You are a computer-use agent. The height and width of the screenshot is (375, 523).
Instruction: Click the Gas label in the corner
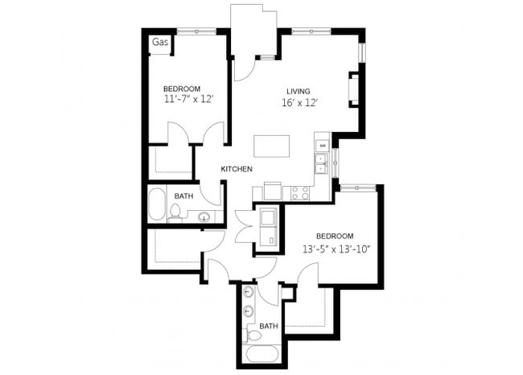(x=159, y=42)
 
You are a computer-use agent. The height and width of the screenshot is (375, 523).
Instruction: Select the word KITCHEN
(x=237, y=169)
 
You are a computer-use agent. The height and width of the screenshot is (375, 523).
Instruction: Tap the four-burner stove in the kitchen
(x=300, y=193)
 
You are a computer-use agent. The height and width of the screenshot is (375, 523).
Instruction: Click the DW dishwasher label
(x=323, y=145)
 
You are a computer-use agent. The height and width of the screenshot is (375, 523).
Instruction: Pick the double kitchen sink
(x=321, y=163)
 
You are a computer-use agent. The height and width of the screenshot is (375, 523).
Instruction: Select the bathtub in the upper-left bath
(x=156, y=206)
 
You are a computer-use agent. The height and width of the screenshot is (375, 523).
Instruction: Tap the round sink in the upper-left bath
(x=204, y=216)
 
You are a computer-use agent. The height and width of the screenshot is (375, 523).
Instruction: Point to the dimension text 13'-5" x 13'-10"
(x=336, y=248)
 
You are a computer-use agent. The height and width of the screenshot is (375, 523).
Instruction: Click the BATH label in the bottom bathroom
(x=269, y=326)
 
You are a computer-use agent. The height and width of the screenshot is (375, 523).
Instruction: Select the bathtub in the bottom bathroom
(x=261, y=355)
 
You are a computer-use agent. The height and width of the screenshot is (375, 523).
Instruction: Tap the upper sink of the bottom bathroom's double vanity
(x=249, y=291)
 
